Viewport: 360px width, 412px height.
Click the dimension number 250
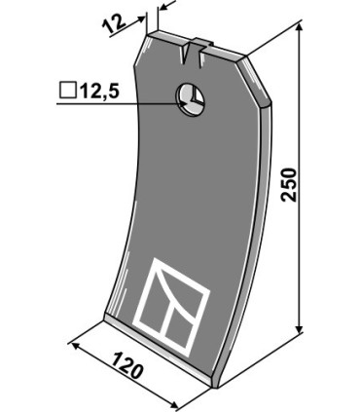pos(289,184)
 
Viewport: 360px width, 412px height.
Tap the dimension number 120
pos(127,366)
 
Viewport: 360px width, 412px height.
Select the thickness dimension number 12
pos(114,24)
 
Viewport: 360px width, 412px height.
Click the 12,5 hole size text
pos(100,91)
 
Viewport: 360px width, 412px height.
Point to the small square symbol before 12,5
pos(68,91)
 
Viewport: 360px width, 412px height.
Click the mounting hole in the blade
pos(190,99)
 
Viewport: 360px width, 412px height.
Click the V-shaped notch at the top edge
pos(186,54)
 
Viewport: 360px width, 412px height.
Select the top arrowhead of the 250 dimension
pos(300,27)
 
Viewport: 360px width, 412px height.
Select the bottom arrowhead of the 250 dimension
pos(300,328)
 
